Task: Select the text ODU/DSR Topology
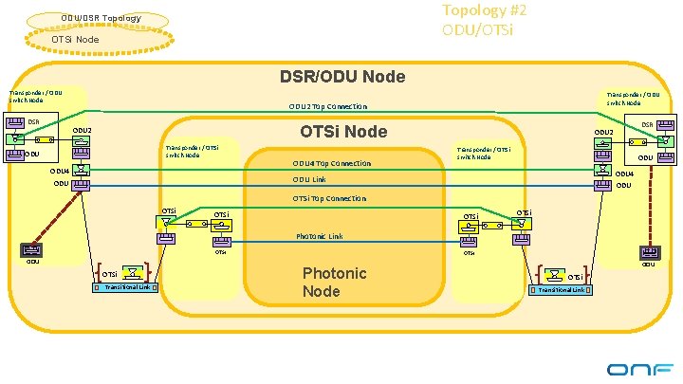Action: pos(101,18)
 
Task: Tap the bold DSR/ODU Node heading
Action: pos(341,76)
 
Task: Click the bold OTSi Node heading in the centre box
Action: pos(342,131)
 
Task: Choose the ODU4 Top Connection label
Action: pos(331,163)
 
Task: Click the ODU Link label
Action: pos(309,179)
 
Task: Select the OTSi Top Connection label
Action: pos(329,198)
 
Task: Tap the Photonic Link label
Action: pos(320,236)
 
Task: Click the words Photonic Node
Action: pos(334,282)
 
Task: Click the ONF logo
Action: pos(640,368)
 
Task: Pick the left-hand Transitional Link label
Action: pos(126,287)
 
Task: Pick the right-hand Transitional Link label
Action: pos(561,289)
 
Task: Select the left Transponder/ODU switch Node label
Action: pos(36,96)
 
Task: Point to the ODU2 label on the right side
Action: pos(603,133)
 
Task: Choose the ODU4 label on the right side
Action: pos(624,174)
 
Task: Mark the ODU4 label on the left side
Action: pos(60,172)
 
